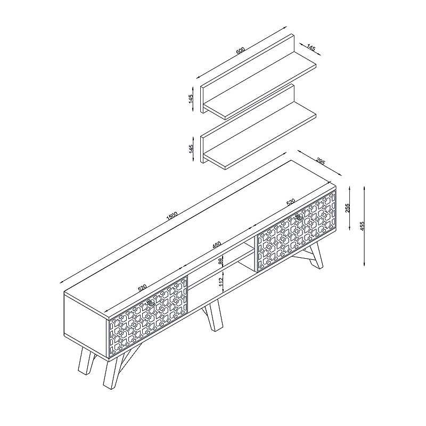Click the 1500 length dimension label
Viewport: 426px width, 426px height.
coord(171,216)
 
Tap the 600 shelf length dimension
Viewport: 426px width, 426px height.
coord(241,51)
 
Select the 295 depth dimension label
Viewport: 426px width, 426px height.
coord(321,162)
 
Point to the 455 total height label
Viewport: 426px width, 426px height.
coord(362,226)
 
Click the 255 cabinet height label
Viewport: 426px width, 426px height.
coord(348,208)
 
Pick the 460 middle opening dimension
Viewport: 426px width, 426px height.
coord(217,244)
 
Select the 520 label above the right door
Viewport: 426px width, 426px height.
coord(291,202)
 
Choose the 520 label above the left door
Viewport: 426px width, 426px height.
coord(142,288)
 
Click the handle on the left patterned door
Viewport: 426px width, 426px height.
coord(151,303)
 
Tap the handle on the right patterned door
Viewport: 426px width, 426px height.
coord(299,217)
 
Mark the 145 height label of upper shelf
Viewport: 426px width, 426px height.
coord(191,99)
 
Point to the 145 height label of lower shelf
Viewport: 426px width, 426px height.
coord(191,149)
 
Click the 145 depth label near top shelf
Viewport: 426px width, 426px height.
coord(311,48)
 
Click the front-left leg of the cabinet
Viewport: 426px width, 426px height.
coord(111,373)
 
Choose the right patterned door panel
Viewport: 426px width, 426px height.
coord(296,231)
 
